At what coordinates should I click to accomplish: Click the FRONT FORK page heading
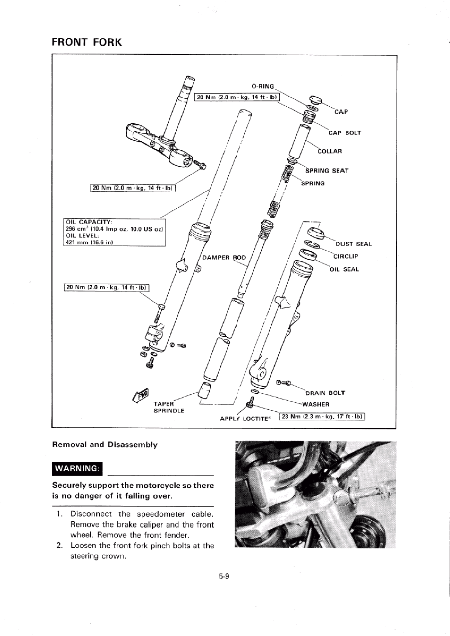pyautogui.click(x=87, y=42)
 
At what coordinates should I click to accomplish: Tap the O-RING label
pyautogui.click(x=263, y=86)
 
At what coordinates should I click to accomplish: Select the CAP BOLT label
pyautogui.click(x=344, y=133)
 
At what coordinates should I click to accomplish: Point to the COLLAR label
pyautogui.click(x=329, y=151)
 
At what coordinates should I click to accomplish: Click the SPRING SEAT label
pyautogui.click(x=327, y=171)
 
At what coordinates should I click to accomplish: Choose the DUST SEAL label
pyautogui.click(x=354, y=244)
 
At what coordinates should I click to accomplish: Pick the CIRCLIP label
pyautogui.click(x=346, y=256)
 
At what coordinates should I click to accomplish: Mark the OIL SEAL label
pyautogui.click(x=344, y=269)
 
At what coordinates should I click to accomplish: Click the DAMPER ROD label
pyautogui.click(x=224, y=258)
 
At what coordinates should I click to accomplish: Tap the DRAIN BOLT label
pyautogui.click(x=325, y=393)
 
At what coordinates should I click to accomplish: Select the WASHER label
pyautogui.click(x=316, y=404)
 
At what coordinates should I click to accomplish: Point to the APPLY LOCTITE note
pyautogui.click(x=246, y=419)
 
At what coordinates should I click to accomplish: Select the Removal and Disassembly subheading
pyautogui.click(x=105, y=445)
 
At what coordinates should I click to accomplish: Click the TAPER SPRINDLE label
pyautogui.click(x=169, y=407)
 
